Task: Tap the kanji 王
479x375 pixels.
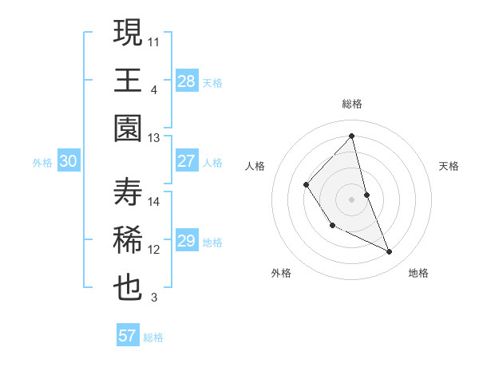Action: pos(128,81)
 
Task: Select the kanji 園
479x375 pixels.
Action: pos(128,128)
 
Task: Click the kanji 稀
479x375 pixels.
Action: pos(128,240)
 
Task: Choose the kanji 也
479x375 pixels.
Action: pos(128,288)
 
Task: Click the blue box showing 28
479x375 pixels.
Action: pos(187,81)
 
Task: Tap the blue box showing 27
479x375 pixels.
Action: pos(187,161)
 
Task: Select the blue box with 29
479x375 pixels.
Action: pos(187,241)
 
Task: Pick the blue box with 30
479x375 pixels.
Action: pos(69,161)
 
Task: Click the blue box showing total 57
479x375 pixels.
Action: pos(128,336)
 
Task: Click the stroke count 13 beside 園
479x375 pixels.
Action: pos(154,137)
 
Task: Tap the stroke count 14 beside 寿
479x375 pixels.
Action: pos(154,201)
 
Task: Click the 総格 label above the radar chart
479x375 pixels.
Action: pos(352,104)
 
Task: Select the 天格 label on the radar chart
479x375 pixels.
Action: pos(449,166)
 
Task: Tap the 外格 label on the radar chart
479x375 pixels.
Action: pos(281,273)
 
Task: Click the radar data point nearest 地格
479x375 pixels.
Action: pos(390,251)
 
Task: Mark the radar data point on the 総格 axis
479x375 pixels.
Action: pos(352,136)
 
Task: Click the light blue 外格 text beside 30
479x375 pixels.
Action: pos(42,162)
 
